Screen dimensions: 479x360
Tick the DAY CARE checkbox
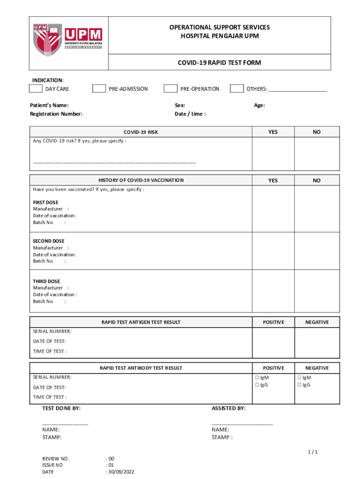click(36, 89)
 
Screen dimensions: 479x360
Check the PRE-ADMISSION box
click(99, 89)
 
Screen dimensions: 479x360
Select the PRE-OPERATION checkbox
click(170, 89)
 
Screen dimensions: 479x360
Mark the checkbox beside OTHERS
click(237, 89)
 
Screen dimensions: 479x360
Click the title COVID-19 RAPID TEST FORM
click(219, 63)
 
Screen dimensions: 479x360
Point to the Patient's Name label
click(49, 105)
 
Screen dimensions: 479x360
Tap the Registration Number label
click(56, 114)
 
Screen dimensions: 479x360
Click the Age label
click(259, 105)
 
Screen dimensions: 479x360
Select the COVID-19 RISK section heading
click(141, 132)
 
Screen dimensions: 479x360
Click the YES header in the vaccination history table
click(273, 181)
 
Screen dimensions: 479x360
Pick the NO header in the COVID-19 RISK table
click(317, 132)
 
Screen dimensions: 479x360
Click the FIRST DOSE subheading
click(46, 203)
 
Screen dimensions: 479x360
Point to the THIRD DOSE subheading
click(46, 282)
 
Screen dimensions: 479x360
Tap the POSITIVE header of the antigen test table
click(273, 322)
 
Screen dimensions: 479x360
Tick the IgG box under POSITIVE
click(257, 385)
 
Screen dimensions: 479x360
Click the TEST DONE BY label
click(61, 408)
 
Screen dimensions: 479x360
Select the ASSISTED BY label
click(229, 408)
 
